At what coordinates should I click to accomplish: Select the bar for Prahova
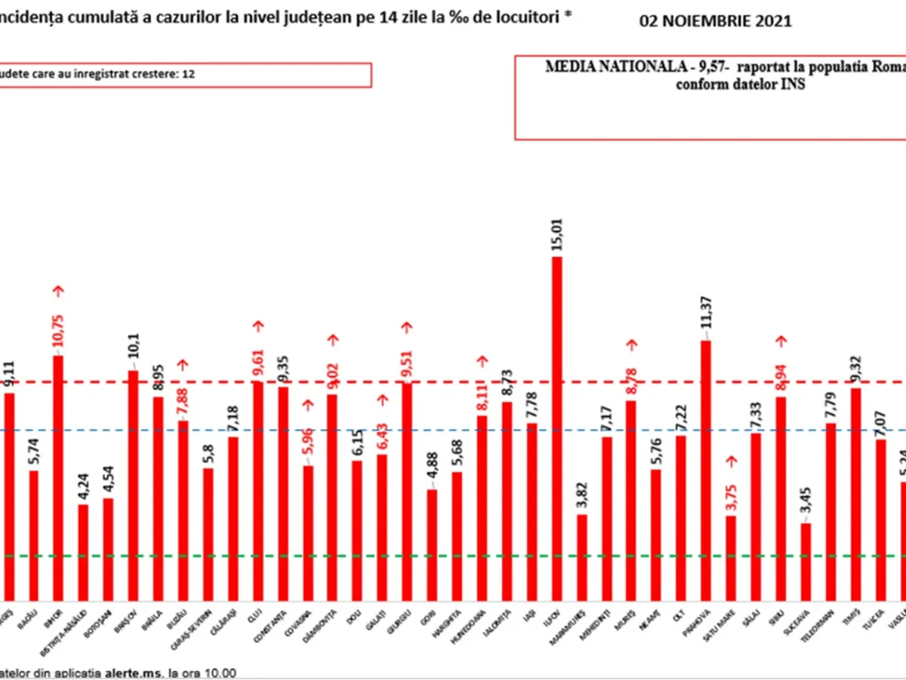706,468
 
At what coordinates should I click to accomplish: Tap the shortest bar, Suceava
806,560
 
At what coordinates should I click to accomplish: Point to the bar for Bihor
58,476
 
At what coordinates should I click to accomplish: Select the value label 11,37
706,318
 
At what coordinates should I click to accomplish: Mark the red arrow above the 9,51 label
407,326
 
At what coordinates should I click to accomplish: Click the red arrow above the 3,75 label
730,459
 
